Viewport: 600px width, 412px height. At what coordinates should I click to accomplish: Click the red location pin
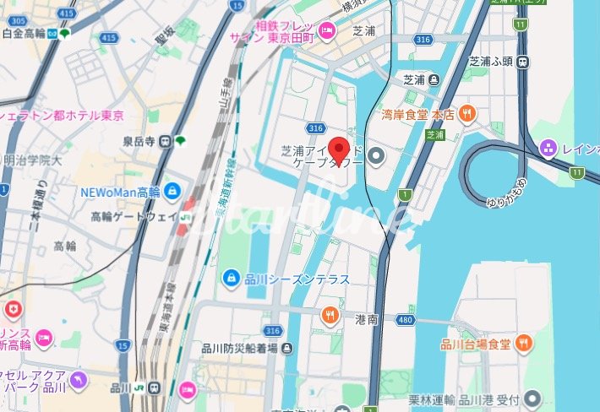(x=339, y=150)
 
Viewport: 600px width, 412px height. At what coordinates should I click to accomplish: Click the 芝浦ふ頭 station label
(x=493, y=61)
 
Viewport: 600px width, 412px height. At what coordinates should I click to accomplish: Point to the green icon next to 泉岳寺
(x=180, y=142)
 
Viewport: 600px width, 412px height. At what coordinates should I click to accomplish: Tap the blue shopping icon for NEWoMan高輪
(x=172, y=192)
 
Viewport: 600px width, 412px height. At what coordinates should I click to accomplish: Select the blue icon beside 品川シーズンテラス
(x=230, y=279)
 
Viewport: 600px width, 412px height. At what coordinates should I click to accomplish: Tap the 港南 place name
(x=367, y=319)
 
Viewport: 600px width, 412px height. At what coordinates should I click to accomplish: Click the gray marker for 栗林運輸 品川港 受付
(x=531, y=399)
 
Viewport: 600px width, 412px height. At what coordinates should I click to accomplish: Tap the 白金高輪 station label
(x=24, y=33)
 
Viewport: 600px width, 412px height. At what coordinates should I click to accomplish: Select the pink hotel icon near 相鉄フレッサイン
(x=327, y=31)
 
